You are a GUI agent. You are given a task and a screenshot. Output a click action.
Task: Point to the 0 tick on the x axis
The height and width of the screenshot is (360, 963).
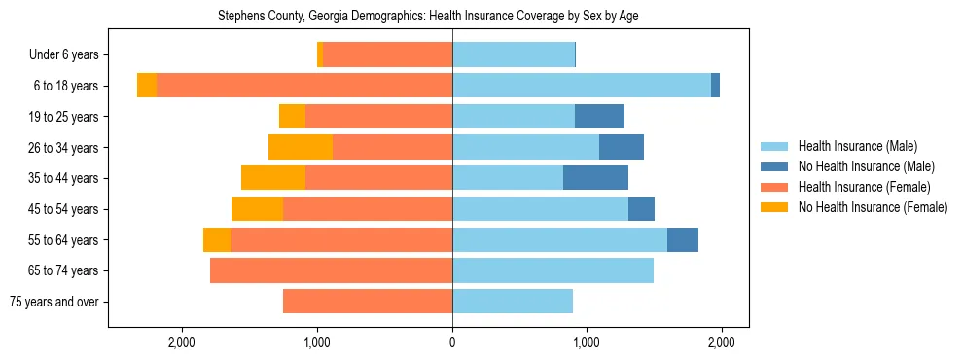[452, 342]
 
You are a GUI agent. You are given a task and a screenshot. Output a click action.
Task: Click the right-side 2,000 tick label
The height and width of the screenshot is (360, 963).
[721, 342]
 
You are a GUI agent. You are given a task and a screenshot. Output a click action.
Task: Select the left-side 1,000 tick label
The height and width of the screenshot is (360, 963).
[318, 342]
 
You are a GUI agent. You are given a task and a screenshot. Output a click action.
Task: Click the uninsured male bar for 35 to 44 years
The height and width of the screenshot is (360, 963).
[595, 178]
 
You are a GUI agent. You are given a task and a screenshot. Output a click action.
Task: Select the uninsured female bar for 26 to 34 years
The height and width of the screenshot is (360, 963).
[301, 147]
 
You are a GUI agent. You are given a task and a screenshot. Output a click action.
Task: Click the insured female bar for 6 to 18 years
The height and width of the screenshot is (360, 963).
[304, 86]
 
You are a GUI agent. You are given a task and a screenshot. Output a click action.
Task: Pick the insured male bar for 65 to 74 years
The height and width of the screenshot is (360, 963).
[553, 270]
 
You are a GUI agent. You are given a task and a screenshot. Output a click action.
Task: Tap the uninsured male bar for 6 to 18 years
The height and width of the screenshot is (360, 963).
[715, 86]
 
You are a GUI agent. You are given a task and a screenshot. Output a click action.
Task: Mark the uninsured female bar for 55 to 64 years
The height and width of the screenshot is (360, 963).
[217, 239]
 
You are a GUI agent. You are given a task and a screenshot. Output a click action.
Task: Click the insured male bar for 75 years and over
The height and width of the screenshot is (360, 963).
[513, 302]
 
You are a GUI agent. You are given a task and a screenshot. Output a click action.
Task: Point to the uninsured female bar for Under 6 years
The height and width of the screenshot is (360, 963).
[320, 55]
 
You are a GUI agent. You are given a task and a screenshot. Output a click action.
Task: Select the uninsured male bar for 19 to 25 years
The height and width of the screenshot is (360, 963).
[599, 117]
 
